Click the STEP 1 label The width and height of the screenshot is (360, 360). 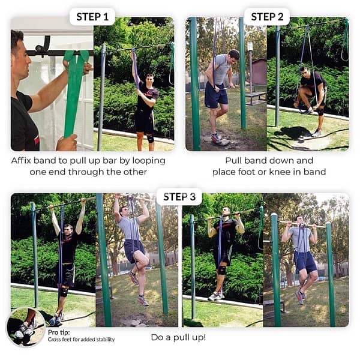point(92,16)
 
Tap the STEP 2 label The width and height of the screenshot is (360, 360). point(266,16)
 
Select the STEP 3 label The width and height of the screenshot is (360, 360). point(179,197)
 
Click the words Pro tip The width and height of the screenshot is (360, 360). point(58,332)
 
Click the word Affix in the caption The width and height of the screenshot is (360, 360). point(23,161)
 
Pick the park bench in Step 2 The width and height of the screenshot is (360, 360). point(255,96)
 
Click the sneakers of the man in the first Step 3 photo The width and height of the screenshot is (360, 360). point(56,319)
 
